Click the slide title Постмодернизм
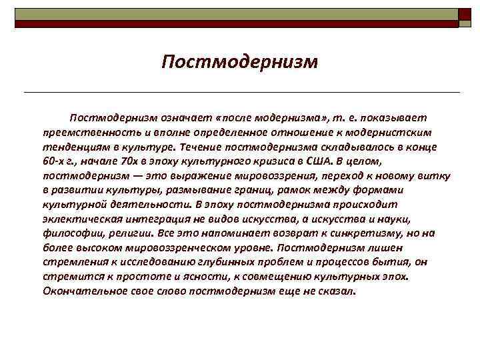pyautogui.click(x=240, y=62)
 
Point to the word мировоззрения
pyautogui.click(x=273, y=175)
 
